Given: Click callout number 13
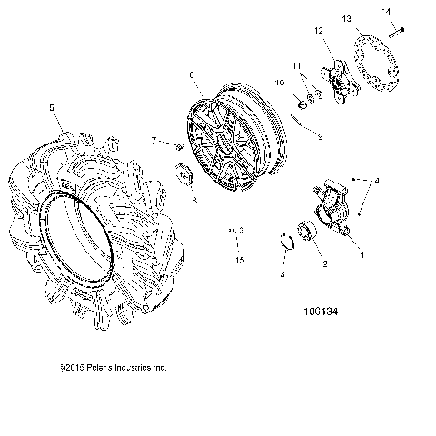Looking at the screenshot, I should point(346,18).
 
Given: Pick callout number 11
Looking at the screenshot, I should point(296,66).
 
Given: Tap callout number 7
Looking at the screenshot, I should point(154,140).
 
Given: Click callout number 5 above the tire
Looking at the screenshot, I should point(51,107).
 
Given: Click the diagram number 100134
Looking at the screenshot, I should point(322,312).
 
